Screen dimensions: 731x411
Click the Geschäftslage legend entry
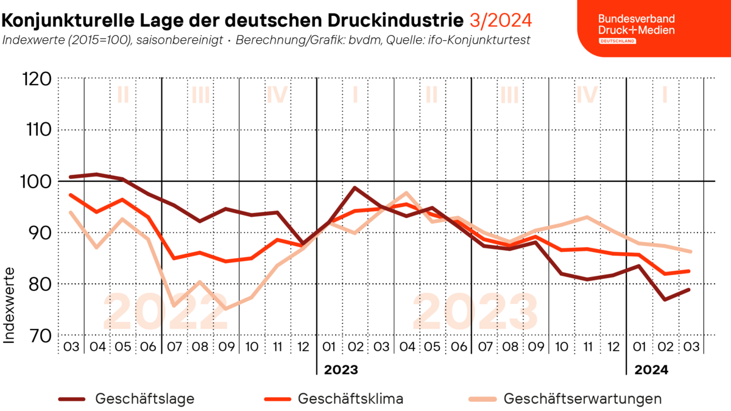pos(126,399)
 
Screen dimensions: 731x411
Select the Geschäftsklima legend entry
pos(334,399)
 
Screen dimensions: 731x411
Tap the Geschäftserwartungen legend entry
pos(565,399)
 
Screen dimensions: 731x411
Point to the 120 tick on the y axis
pos(37,79)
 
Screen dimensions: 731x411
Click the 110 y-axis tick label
pos(38,130)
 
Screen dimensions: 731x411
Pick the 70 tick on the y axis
pos(40,335)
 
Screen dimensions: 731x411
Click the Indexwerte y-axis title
pos(9,305)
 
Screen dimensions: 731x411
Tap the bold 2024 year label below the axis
pos(651,370)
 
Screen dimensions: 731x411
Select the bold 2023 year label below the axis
pos(341,370)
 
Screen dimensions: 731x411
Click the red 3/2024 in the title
pos(501,20)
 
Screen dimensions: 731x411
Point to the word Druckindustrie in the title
pos(395,20)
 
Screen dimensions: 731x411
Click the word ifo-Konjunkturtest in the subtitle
pos(479,40)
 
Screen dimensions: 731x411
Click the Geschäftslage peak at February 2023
pos(355,188)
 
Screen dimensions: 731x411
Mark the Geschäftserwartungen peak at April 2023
pos(406,193)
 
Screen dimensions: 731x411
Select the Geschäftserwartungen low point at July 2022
pos(174,306)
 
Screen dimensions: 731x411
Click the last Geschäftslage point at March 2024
pos(689,290)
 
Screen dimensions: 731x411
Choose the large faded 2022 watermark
pos(166,312)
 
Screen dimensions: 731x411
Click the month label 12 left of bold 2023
pos(303,346)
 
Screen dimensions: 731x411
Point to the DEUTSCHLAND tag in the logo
pos(618,41)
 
